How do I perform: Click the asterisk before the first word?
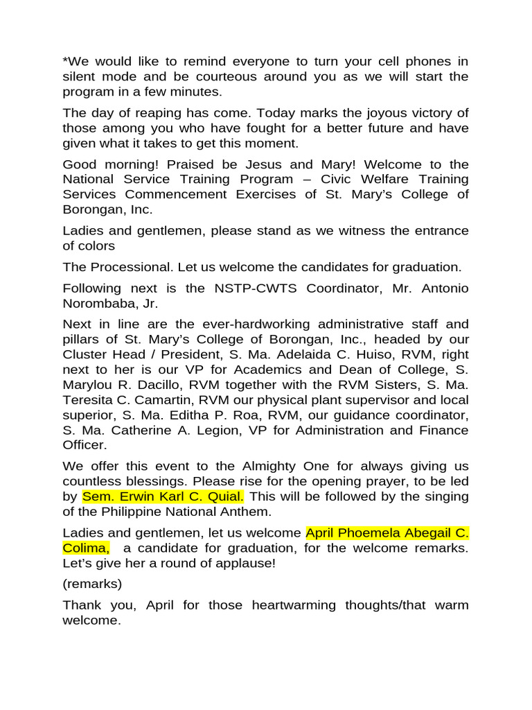65,61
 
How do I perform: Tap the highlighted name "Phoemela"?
372,532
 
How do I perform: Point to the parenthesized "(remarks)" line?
92,584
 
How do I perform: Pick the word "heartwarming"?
299,605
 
